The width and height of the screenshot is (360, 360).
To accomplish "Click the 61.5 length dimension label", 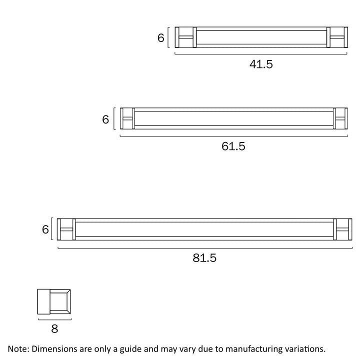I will tap(233, 146).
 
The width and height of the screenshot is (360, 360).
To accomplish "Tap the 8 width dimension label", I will tap(54, 328).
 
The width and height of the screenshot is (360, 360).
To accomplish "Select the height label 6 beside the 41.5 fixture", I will tap(161, 38).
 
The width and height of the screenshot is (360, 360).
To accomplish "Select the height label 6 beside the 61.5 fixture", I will tap(105, 119).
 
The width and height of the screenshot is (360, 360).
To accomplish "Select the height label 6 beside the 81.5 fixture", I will tap(45, 230).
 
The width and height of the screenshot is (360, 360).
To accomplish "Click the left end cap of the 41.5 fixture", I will tap(185, 37).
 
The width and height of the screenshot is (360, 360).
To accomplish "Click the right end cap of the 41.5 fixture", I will tap(336, 37).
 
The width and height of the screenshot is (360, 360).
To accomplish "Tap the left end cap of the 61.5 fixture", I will tap(127, 119).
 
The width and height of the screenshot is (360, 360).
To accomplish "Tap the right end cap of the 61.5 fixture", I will tap(340, 119).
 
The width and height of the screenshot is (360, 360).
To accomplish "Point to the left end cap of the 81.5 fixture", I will tap(66, 229).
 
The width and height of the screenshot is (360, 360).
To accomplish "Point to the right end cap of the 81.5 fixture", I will tap(342, 229).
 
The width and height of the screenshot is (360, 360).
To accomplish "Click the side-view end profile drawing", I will tap(54, 302).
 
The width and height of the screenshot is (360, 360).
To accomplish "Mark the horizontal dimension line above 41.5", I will tap(260, 53).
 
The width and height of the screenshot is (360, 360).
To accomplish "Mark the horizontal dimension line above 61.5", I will tap(233, 135).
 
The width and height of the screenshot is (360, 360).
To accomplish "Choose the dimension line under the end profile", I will tap(54, 319).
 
